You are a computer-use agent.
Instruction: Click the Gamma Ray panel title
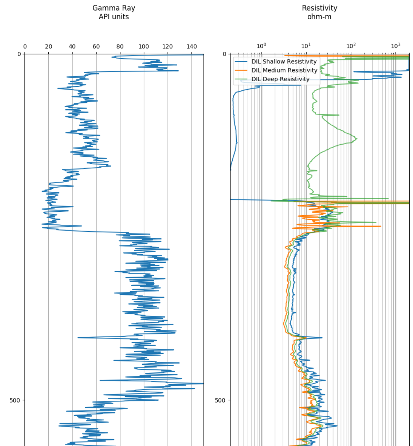114,8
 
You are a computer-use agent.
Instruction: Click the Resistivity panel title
319,8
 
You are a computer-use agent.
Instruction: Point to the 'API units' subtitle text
114,17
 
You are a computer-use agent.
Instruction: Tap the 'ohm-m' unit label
319,17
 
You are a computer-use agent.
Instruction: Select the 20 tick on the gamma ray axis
49,47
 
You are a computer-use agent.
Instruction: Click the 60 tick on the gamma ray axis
96,47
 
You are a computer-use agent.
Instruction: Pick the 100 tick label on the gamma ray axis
144,47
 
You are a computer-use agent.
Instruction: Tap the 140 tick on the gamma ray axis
192,47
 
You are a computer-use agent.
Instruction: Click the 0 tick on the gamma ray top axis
25,47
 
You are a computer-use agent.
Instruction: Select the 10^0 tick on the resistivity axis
261,46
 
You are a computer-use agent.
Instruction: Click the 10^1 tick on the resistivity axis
306,46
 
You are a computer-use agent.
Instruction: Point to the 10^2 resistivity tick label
351,46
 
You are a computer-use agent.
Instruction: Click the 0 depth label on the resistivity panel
224,54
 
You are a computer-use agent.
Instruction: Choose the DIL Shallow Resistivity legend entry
284,62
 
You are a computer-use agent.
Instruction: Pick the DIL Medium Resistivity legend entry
284,70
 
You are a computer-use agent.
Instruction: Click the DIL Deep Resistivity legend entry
280,79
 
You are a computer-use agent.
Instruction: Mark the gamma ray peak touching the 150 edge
203,384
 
